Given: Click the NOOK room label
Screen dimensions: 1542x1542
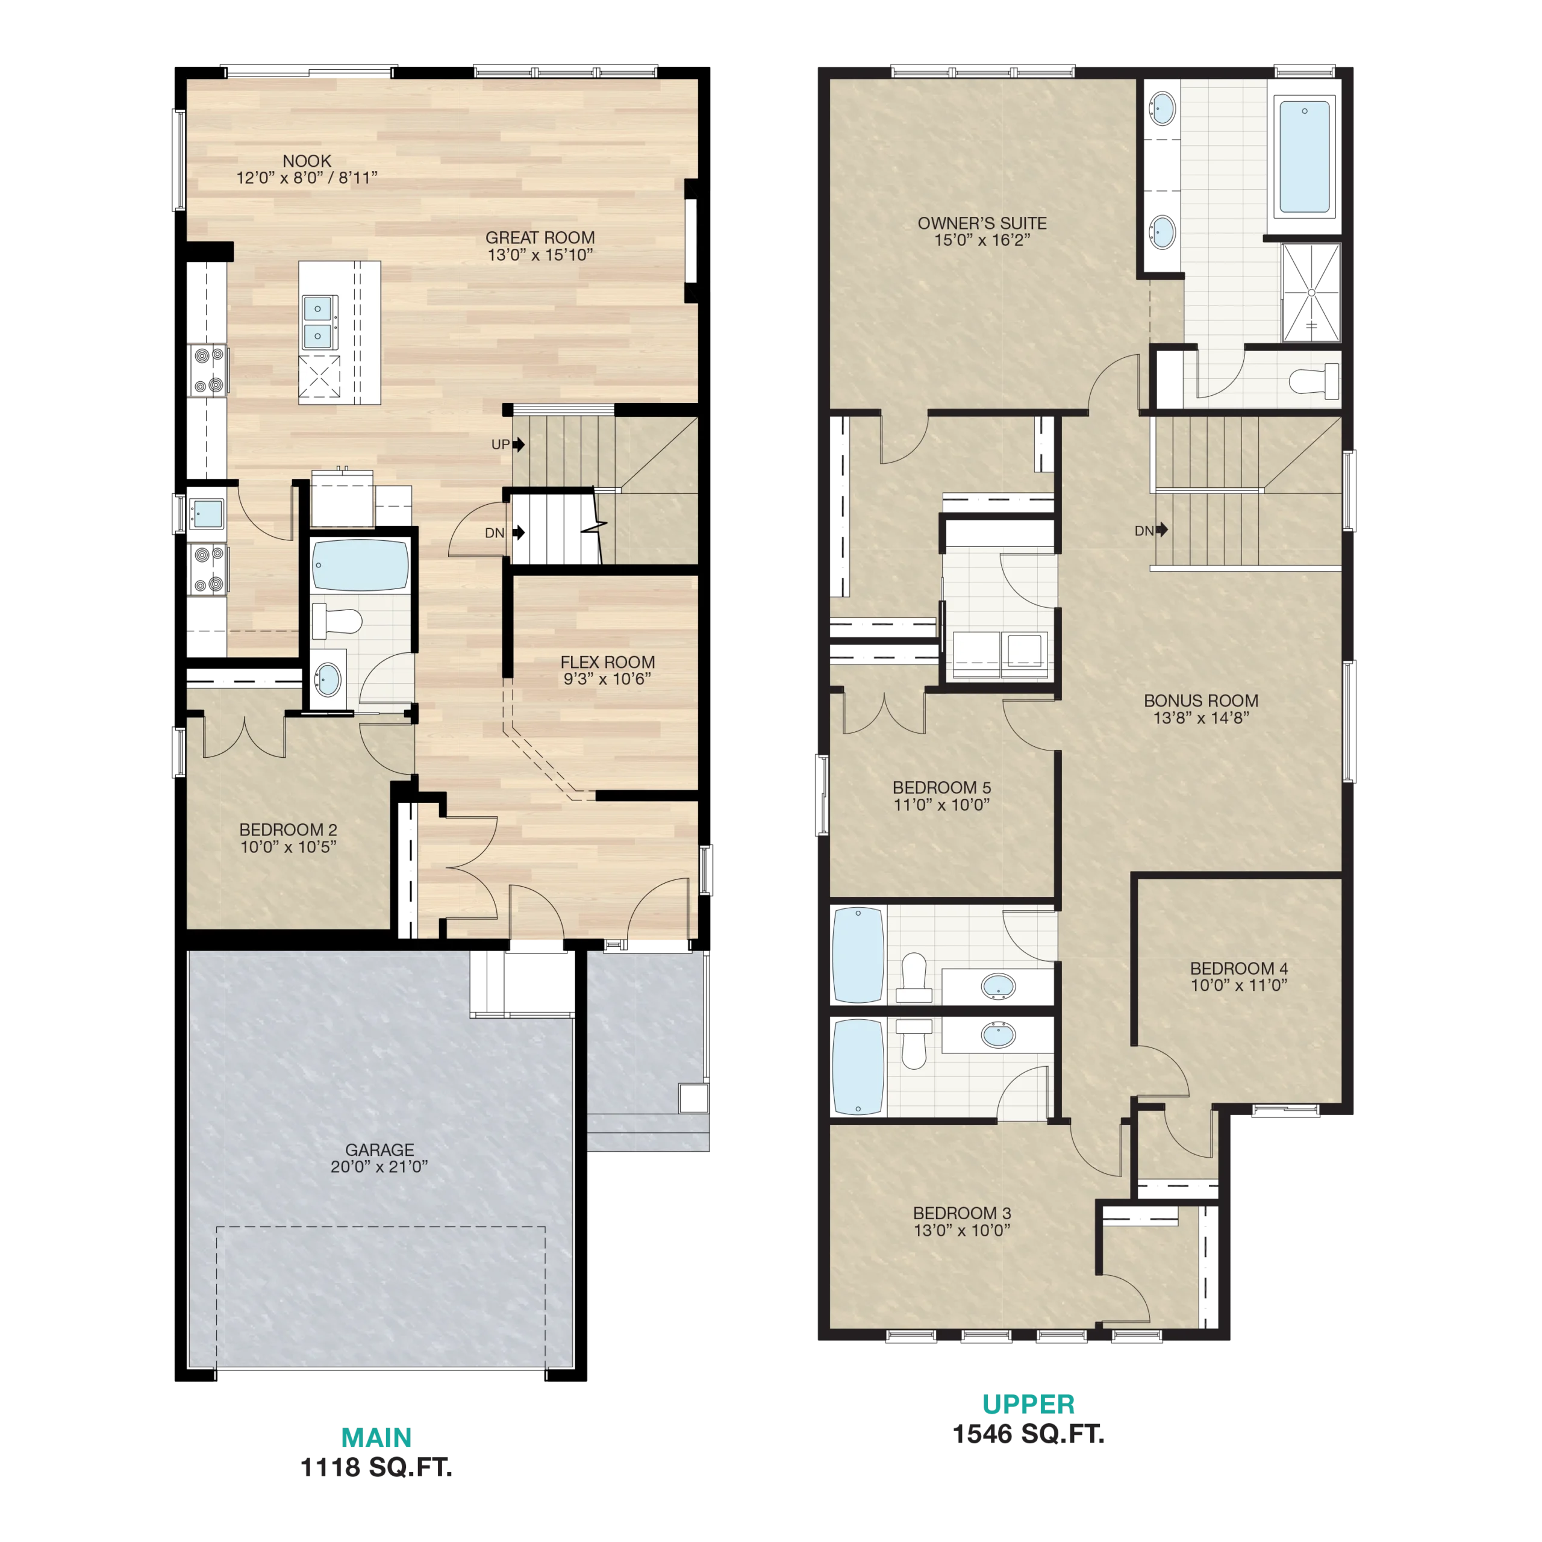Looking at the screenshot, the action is coord(307,161).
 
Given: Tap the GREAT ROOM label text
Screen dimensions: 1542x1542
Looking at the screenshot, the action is coord(540,238).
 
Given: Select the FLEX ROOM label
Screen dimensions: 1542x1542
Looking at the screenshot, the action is coord(607,663).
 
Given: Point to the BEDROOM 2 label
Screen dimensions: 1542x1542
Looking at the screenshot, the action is coord(288,830).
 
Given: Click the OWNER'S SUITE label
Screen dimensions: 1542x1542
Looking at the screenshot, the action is coord(982,223).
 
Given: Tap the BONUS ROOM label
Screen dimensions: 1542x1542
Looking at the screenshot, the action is coord(1200,701).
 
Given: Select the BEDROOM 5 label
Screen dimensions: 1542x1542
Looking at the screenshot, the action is coord(942,788).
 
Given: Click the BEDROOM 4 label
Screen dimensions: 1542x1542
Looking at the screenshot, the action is coord(1238,968).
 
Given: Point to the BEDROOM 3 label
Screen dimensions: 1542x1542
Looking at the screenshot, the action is coord(962,1213).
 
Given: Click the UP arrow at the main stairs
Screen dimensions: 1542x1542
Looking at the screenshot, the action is coord(519,445).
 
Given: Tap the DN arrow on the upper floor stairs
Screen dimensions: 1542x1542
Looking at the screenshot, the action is coord(1162,529).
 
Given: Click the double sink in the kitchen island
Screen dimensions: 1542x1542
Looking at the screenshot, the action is coord(317,322).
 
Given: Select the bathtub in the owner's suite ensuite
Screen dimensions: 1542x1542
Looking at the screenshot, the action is coord(1304,157).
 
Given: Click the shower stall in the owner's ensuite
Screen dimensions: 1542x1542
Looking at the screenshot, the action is coord(1311,293).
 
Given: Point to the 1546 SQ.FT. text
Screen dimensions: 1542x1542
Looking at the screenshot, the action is coord(1028,1434).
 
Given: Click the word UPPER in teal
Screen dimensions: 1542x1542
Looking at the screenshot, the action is coord(1028,1404).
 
